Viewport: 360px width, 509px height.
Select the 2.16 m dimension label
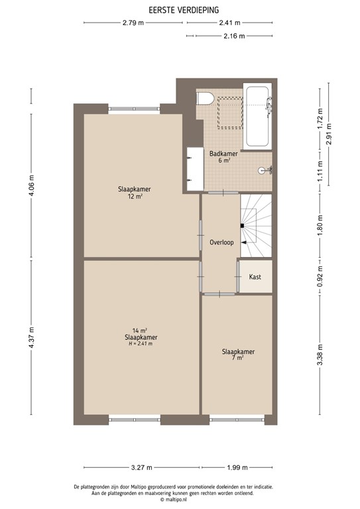click(235, 36)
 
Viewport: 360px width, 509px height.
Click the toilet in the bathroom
click(205, 98)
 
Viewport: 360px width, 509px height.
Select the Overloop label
click(221, 243)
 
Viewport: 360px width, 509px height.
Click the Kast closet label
click(255, 278)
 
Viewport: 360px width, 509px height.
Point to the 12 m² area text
click(136, 196)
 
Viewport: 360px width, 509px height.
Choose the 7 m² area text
click(238, 358)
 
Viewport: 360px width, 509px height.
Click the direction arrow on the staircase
click(244, 243)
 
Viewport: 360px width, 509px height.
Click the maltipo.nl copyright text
click(183, 500)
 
